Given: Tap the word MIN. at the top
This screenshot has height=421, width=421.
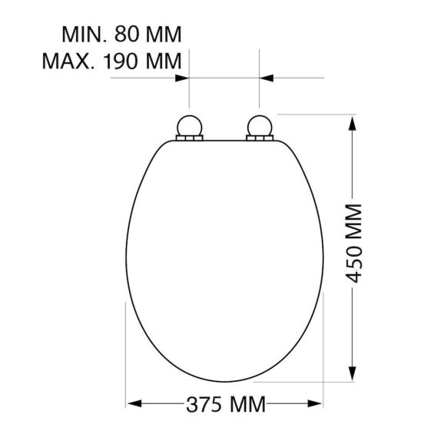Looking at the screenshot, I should (87, 35).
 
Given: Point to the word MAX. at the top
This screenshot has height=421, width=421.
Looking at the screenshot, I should (71, 60).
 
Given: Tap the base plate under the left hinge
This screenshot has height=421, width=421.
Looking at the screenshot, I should (188, 138).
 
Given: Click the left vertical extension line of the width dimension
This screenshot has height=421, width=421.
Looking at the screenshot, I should (125, 346).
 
